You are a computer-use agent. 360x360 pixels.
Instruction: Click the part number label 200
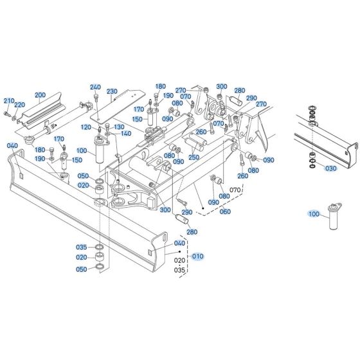coord(40,95)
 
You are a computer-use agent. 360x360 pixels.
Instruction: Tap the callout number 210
coord(8,101)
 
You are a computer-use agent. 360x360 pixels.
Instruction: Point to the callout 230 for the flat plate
coord(112,91)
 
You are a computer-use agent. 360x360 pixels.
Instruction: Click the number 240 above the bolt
coord(95,87)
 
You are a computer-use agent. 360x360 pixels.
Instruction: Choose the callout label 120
coord(86,127)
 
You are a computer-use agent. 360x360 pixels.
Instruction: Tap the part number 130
coord(118,127)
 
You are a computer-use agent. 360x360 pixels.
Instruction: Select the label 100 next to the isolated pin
coord(314,215)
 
